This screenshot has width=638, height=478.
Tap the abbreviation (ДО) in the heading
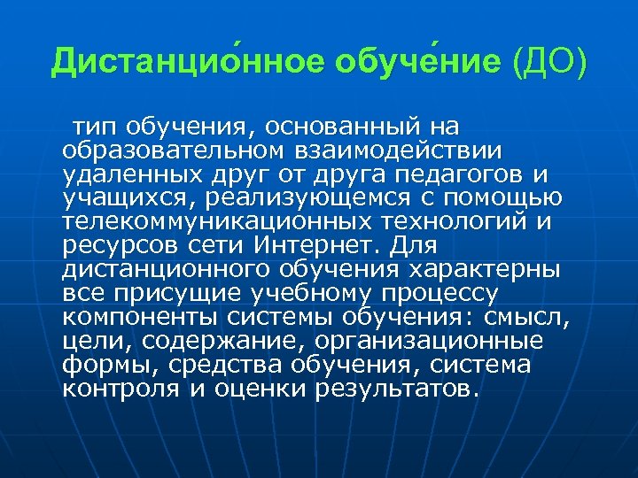point(549,61)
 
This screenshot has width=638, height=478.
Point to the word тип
point(96,126)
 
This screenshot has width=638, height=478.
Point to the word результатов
point(398,388)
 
